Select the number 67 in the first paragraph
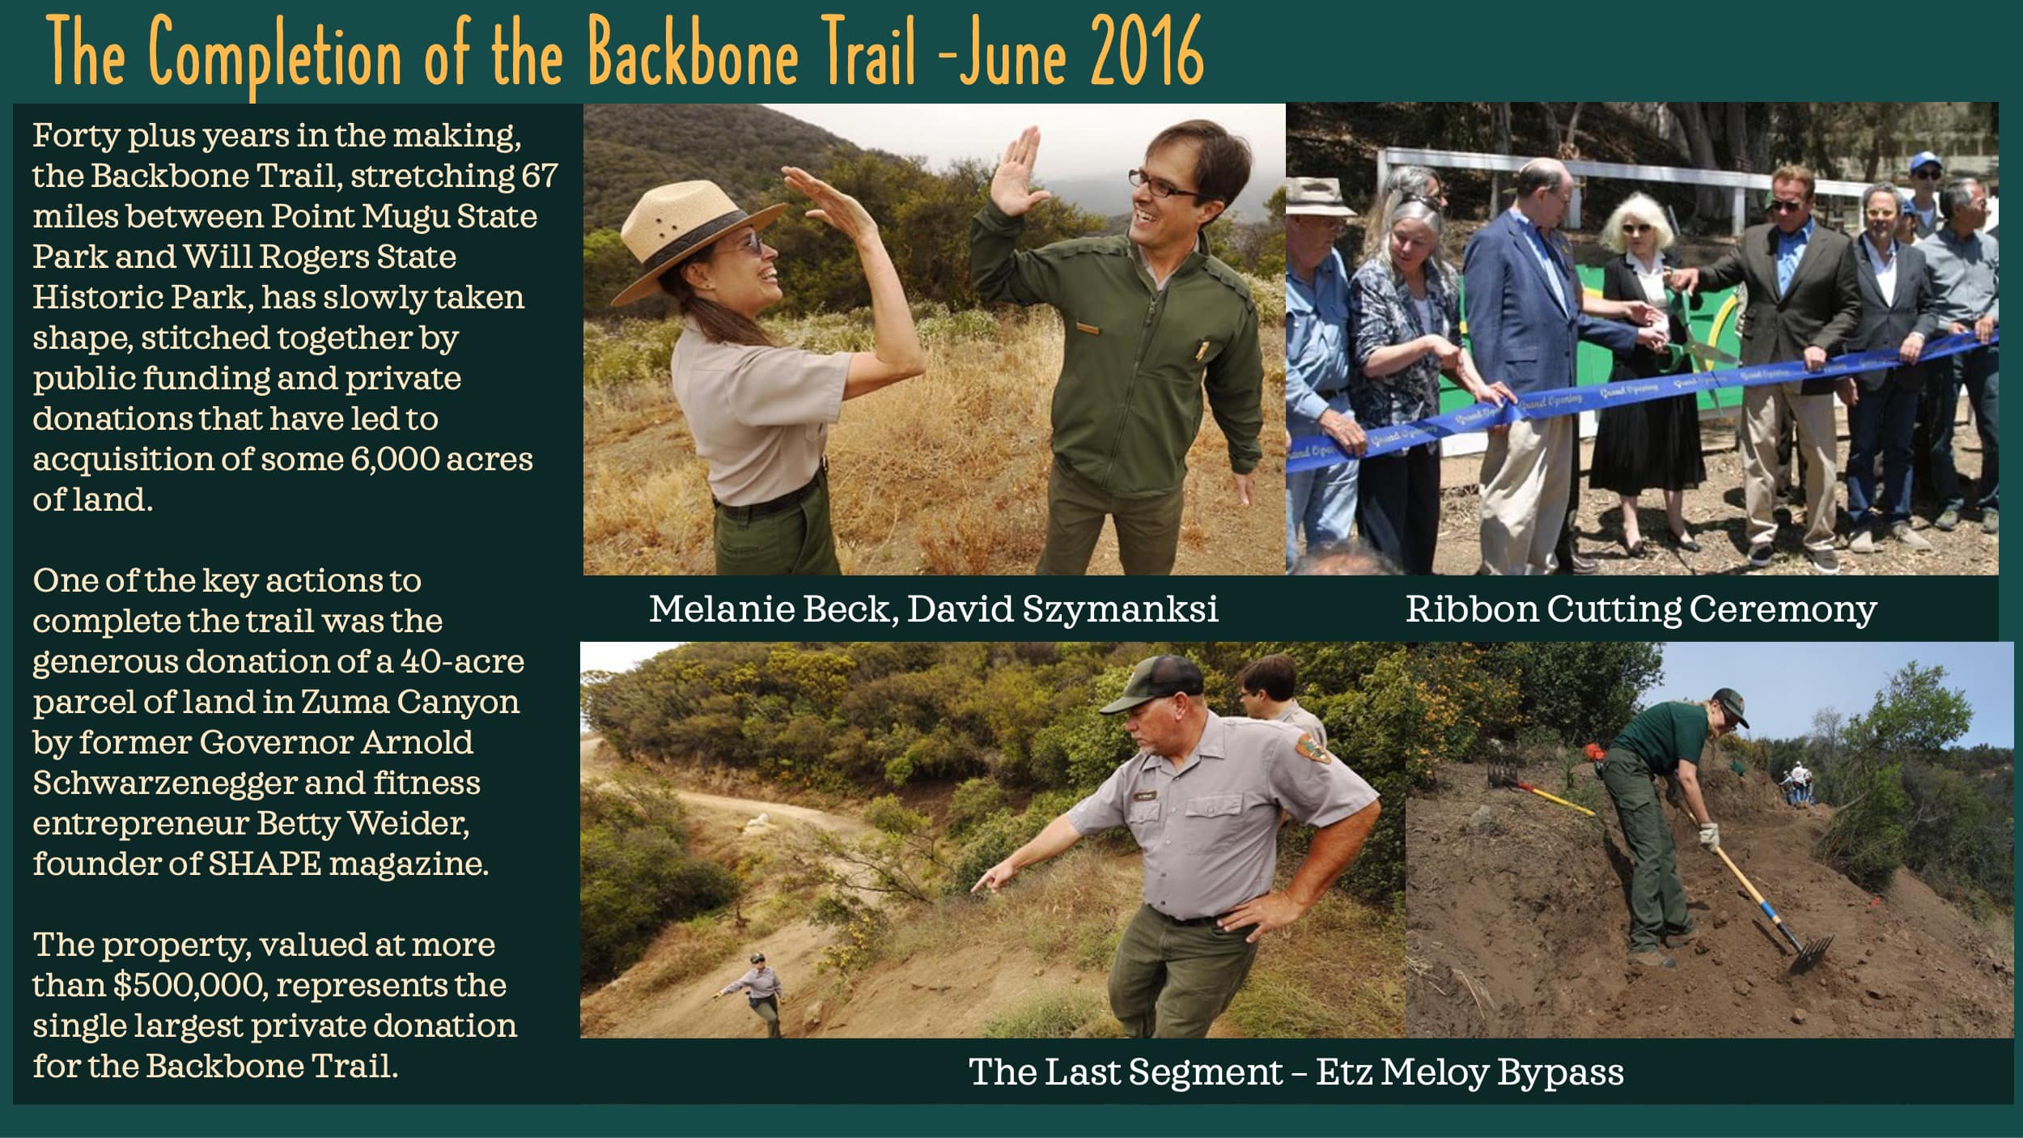pyautogui.click(x=539, y=176)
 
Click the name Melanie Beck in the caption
pyautogui.click(x=772, y=609)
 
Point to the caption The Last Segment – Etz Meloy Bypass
pyautogui.click(x=1296, y=1072)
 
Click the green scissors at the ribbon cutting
pyautogui.click(x=1699, y=332)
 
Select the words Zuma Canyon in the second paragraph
pyautogui.click(x=409, y=702)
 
